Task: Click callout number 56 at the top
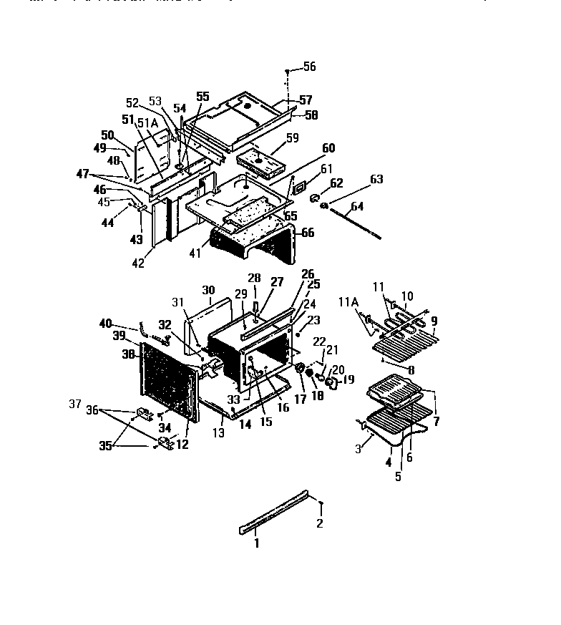point(308,67)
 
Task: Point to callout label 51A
point(149,124)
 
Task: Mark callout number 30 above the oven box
point(208,290)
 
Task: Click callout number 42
point(138,263)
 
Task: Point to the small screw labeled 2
point(321,505)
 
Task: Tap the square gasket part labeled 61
point(300,188)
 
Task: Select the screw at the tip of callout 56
point(288,73)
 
